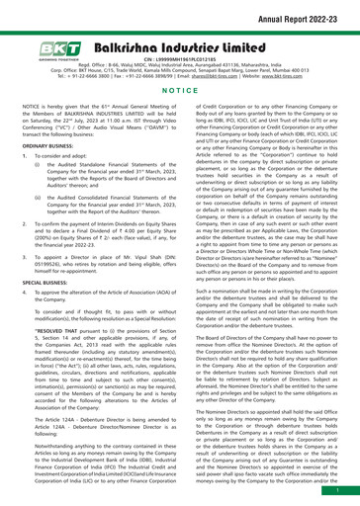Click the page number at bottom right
click(342, 488)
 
